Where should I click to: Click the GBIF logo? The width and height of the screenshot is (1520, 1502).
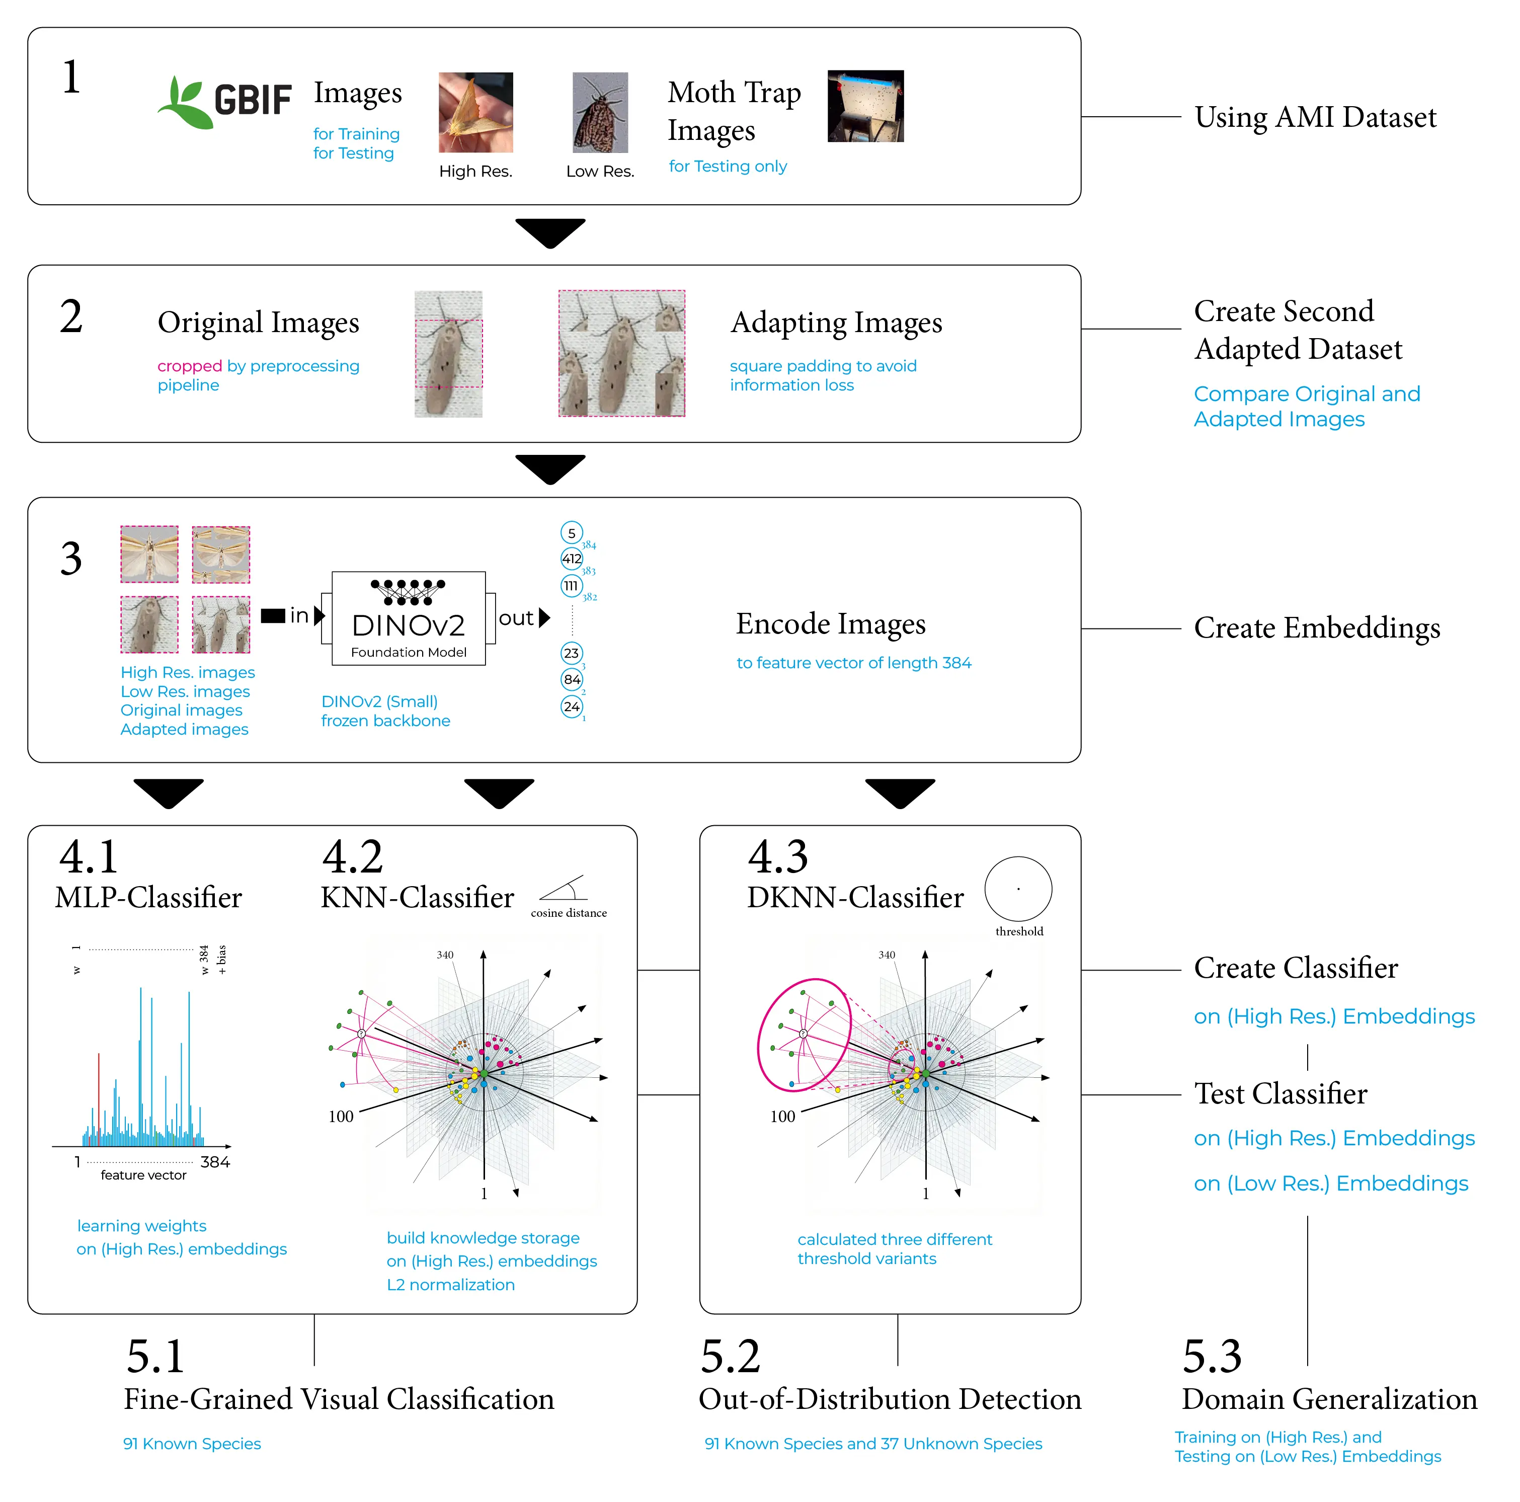(x=224, y=102)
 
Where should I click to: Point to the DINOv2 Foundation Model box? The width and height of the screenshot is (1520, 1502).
(x=409, y=618)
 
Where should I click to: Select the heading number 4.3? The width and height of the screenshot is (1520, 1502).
(x=777, y=857)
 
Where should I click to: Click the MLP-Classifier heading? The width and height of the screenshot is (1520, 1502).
(x=149, y=898)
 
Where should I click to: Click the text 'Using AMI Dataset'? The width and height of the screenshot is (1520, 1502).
(x=1315, y=117)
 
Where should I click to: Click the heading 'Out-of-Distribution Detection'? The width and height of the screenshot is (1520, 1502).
(x=890, y=1399)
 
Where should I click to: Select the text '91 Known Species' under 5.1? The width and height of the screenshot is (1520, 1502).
(x=192, y=1444)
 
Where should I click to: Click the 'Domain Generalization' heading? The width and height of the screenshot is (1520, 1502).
(x=1329, y=1399)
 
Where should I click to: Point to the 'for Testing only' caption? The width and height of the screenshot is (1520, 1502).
(x=728, y=166)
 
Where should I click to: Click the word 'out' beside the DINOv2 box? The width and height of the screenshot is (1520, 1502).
(x=516, y=618)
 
